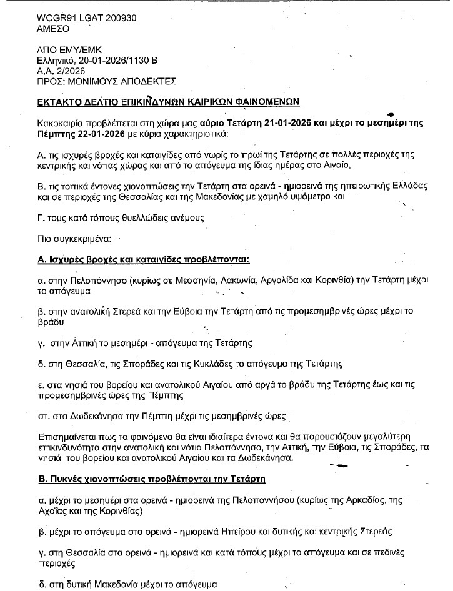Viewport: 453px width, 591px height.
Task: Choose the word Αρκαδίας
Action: click(x=361, y=501)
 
